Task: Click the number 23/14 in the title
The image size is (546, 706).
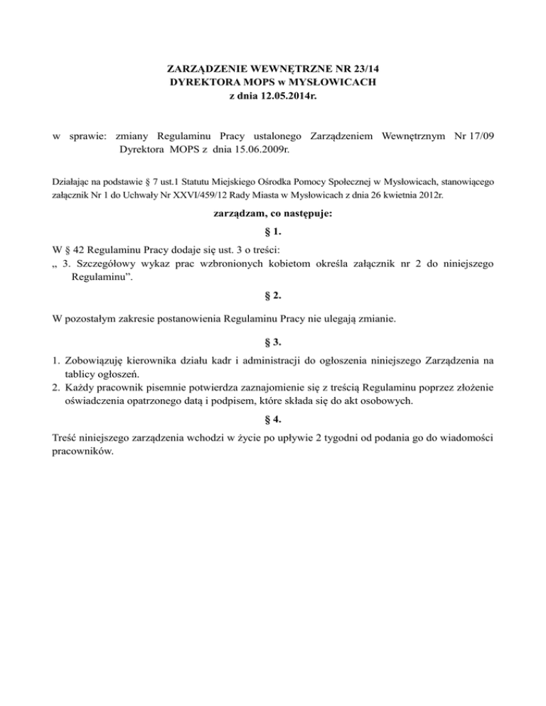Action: click(x=373, y=70)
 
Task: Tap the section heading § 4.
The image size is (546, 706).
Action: click(x=272, y=419)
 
